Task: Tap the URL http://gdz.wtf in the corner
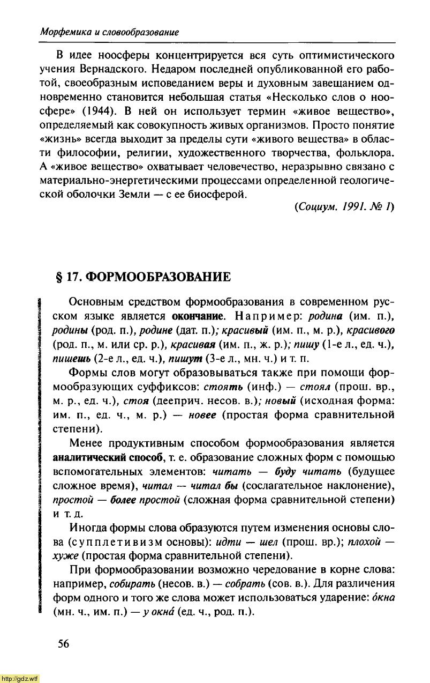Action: click(20, 678)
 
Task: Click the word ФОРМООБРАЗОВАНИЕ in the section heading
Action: click(159, 277)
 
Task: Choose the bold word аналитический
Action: click(94, 457)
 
